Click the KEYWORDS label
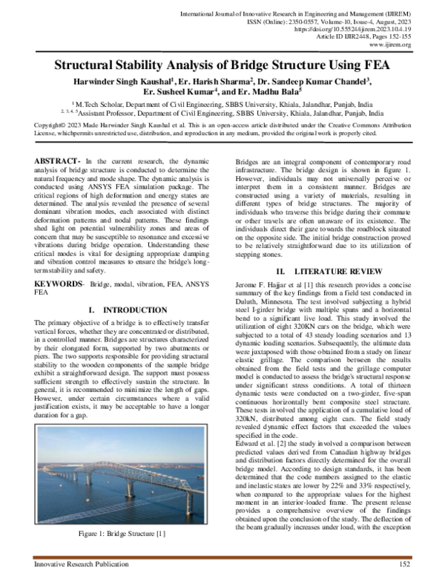[60, 262]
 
